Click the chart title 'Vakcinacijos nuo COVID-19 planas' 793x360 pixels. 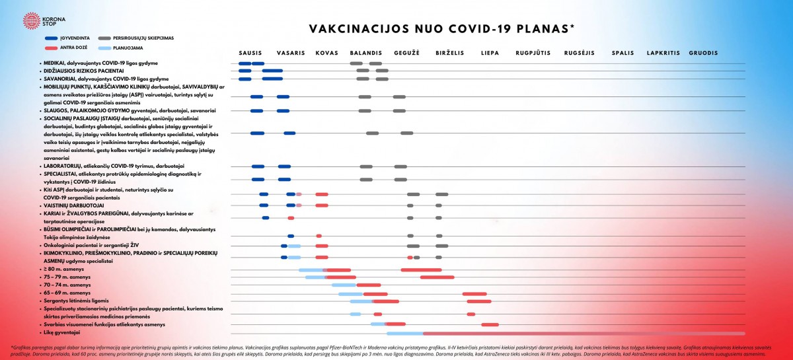coord(441,29)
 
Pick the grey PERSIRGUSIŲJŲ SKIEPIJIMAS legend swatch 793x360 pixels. coord(104,38)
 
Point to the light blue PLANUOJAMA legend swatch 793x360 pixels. coord(104,48)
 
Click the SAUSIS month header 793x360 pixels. coord(250,53)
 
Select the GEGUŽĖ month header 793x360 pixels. coord(406,53)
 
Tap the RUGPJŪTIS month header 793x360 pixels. coord(533,53)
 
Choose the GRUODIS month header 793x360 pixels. coord(703,53)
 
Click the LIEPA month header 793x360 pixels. coord(490,53)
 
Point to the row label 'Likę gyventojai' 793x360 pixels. coord(61,333)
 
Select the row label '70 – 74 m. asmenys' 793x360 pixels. coord(67,285)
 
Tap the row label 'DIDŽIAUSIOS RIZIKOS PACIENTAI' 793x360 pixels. coord(84,70)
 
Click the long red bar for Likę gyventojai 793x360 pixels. coord(582,334)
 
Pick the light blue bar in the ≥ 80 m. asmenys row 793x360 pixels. coord(311,270)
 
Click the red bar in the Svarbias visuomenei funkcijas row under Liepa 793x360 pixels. coord(490,324)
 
